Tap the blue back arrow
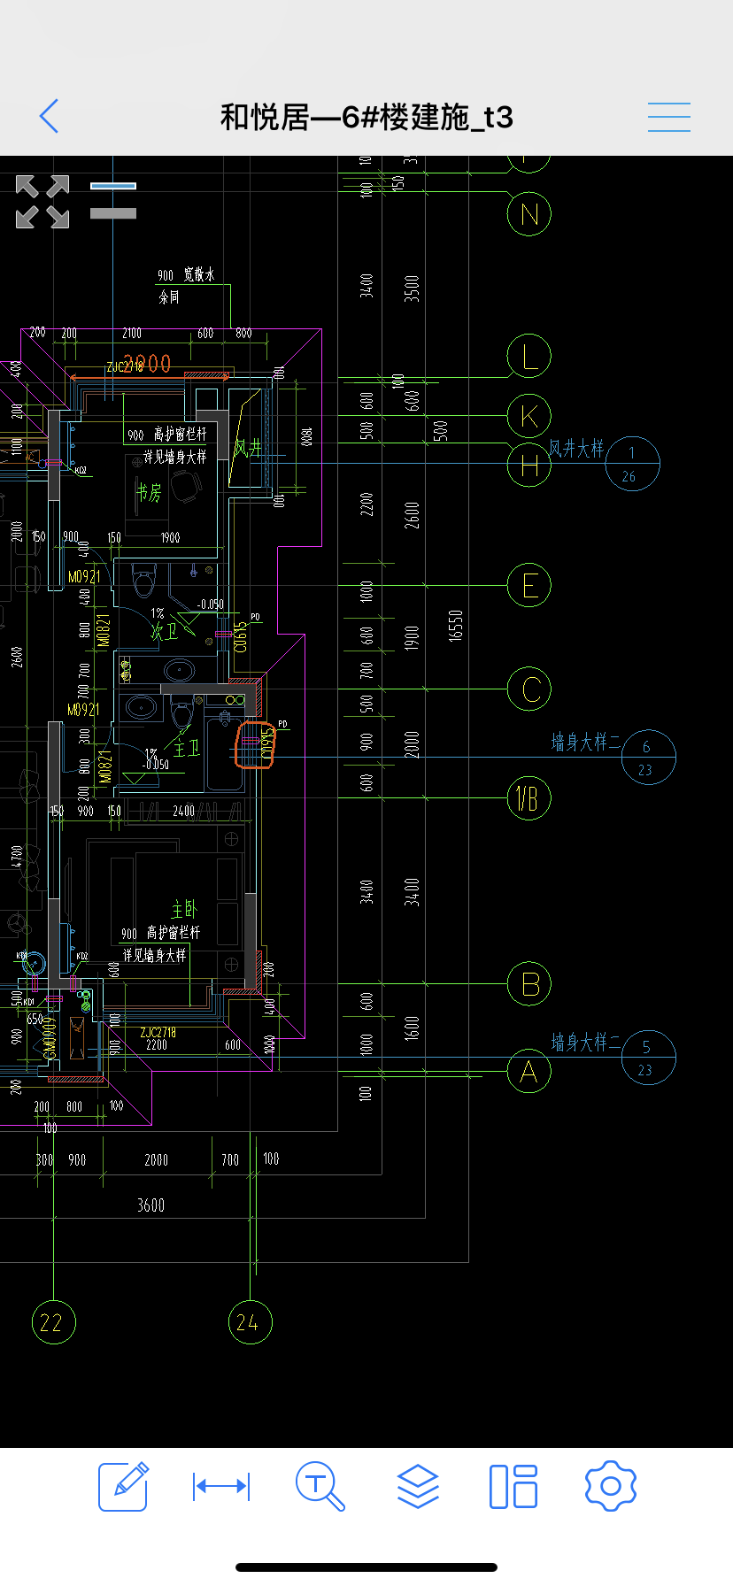coord(50,116)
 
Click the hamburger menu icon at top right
coord(668,117)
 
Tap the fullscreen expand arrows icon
coord(42,202)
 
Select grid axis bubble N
coord(529,214)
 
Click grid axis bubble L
coord(529,357)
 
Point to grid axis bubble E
coord(529,586)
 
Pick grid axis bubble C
coord(529,689)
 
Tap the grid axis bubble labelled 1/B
coord(529,799)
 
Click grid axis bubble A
coord(529,1072)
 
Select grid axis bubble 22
coord(53,1322)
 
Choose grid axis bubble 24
coord(251,1322)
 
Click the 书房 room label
coord(149,492)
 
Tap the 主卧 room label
coord(184,910)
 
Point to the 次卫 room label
coord(164,631)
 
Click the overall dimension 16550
coord(456,626)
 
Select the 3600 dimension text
coord(150,1205)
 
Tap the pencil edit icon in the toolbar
coord(123,1485)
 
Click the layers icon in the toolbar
coord(418,1485)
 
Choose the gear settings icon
coord(611,1485)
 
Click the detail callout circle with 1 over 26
coord(632,464)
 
